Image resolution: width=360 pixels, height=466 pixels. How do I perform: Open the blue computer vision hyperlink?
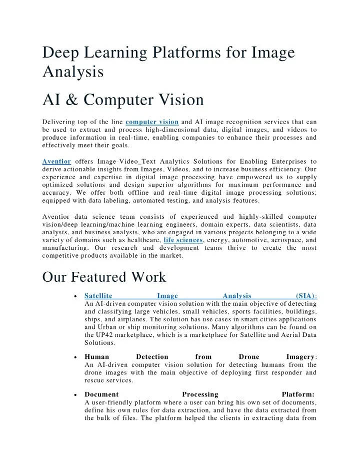pos(152,122)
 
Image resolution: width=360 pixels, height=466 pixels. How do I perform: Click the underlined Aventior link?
pos(56,162)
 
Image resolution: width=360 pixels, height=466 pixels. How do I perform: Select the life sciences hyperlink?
pos(183,240)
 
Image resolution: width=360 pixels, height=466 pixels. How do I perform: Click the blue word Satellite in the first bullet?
pos(98,296)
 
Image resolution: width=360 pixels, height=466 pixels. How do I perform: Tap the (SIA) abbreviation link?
pos(305,296)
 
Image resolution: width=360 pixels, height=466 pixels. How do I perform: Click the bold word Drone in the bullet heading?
pos(249,357)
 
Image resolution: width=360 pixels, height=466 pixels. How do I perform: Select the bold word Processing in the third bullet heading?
pos(200,394)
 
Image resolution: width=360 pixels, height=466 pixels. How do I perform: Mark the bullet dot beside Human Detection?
pos(74,358)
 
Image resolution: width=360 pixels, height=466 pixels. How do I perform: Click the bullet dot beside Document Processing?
pos(74,395)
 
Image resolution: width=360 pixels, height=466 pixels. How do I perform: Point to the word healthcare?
pos(142,240)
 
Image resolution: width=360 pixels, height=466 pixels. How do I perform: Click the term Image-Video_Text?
pos(132,162)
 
